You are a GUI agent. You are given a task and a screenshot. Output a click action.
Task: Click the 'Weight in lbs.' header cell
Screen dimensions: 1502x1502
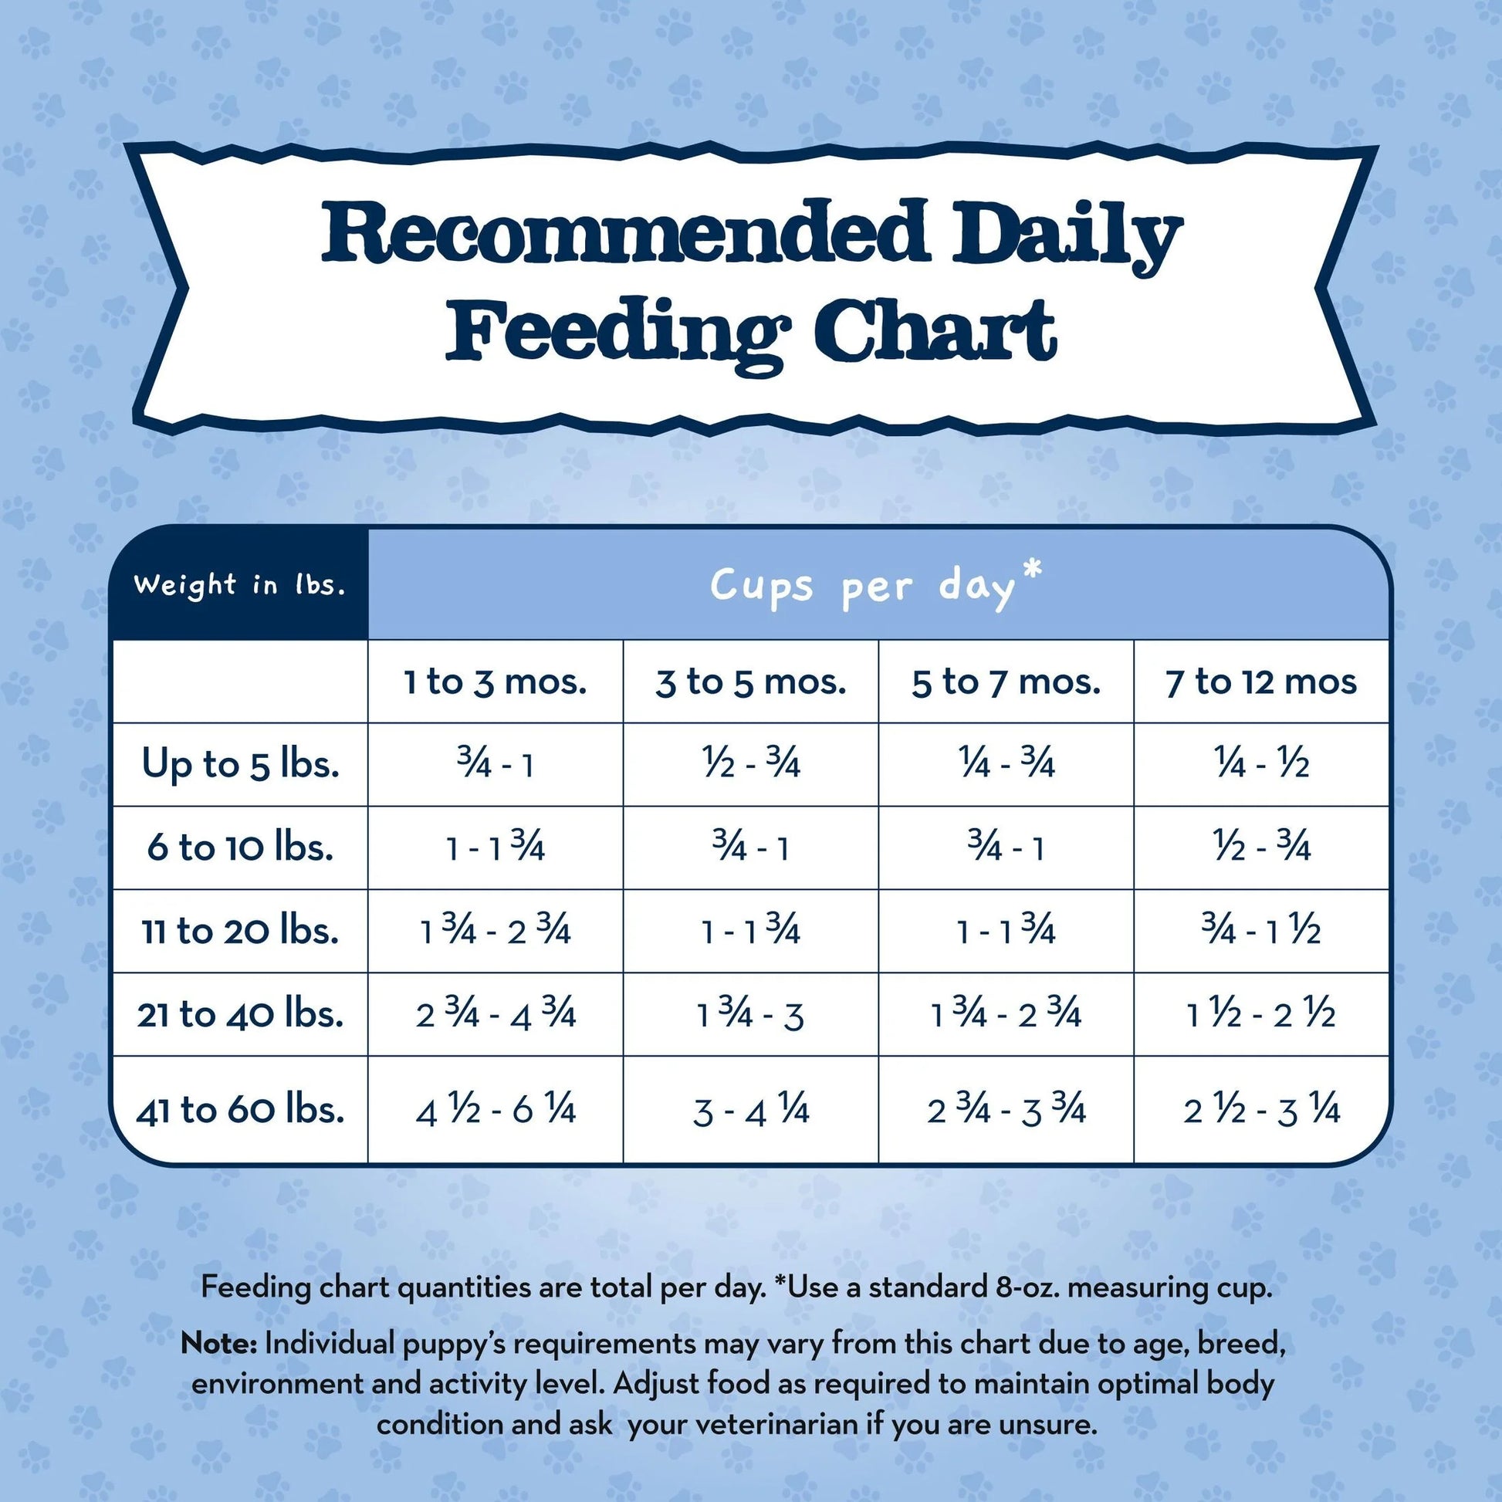(239, 584)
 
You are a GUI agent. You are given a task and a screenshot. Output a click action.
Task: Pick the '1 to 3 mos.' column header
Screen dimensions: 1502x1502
(496, 682)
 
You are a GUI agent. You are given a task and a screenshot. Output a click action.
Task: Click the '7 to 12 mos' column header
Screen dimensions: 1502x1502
(1260, 682)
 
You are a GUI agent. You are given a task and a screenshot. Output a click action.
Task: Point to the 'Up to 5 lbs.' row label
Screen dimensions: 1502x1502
(240, 764)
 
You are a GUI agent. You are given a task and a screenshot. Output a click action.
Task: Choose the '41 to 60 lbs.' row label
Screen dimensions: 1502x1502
(240, 1109)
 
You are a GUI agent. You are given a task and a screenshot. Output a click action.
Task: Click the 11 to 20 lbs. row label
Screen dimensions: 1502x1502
(240, 931)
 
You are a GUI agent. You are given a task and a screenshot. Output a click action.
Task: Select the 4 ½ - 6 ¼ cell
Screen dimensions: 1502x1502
(496, 1111)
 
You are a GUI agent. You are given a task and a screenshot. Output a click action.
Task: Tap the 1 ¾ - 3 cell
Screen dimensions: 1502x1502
(750, 1014)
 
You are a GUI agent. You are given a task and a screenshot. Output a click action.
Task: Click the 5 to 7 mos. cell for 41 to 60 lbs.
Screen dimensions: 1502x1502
(1005, 1111)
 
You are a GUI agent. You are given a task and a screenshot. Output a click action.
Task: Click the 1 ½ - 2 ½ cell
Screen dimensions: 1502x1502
(1261, 1014)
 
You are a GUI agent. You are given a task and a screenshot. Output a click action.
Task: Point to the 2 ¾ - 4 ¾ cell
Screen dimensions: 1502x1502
(496, 1014)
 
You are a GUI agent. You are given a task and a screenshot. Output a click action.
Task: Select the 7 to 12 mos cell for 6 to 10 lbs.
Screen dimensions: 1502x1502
(1261, 847)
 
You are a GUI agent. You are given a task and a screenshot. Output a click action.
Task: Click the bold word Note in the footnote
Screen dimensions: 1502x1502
(218, 1343)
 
